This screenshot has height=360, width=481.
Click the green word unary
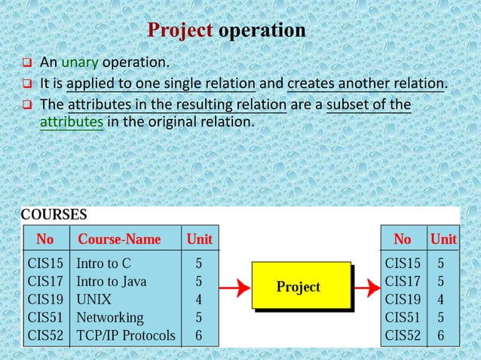click(x=75, y=62)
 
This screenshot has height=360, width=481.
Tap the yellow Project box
click(x=299, y=286)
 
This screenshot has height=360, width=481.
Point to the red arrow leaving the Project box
click(x=367, y=287)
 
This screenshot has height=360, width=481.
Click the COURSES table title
click(x=54, y=215)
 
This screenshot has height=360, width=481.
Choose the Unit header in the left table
click(x=199, y=239)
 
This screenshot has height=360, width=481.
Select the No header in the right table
click(x=403, y=239)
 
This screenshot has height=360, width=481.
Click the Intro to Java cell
click(x=112, y=282)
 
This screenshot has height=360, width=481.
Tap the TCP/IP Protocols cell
click(x=126, y=334)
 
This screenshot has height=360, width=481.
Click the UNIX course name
click(x=93, y=299)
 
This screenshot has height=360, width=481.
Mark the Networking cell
click(x=110, y=317)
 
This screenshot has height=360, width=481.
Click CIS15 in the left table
click(x=46, y=264)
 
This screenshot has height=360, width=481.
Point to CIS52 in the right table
click(x=403, y=334)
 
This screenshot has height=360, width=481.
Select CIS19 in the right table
click(x=403, y=299)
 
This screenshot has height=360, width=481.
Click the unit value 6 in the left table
click(x=198, y=334)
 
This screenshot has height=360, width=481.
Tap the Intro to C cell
click(x=104, y=264)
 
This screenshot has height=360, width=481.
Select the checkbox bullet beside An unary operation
click(x=25, y=63)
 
